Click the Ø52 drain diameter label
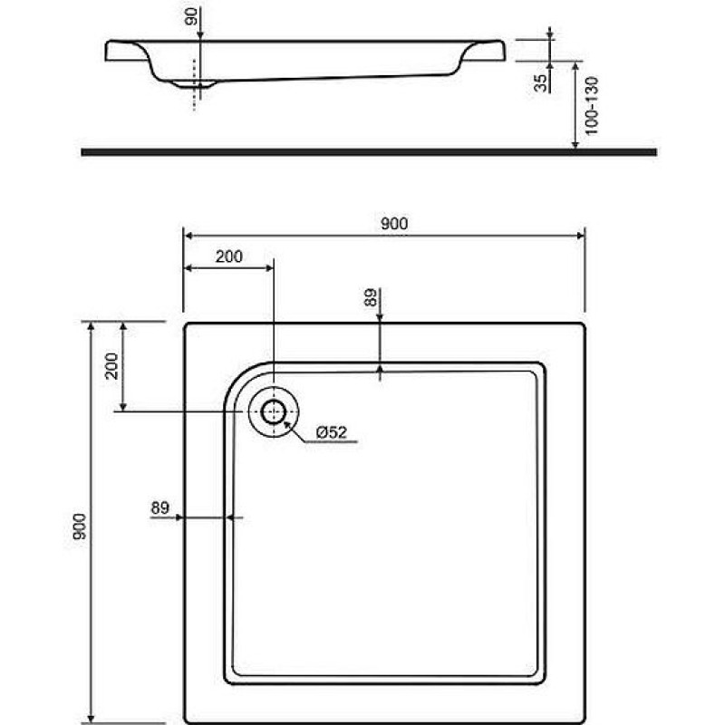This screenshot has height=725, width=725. [x=331, y=432]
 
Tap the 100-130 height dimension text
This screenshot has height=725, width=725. [x=592, y=106]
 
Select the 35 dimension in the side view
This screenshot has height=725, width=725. [x=540, y=82]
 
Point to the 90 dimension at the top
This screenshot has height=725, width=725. [x=191, y=16]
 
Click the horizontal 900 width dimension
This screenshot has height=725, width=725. [x=394, y=224]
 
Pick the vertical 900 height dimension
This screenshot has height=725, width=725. [x=79, y=527]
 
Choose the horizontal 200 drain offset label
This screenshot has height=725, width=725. [x=229, y=256]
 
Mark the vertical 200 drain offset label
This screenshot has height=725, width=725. [x=111, y=366]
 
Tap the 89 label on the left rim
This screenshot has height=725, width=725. [x=160, y=507]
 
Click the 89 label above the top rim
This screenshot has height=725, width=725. [x=371, y=297]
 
